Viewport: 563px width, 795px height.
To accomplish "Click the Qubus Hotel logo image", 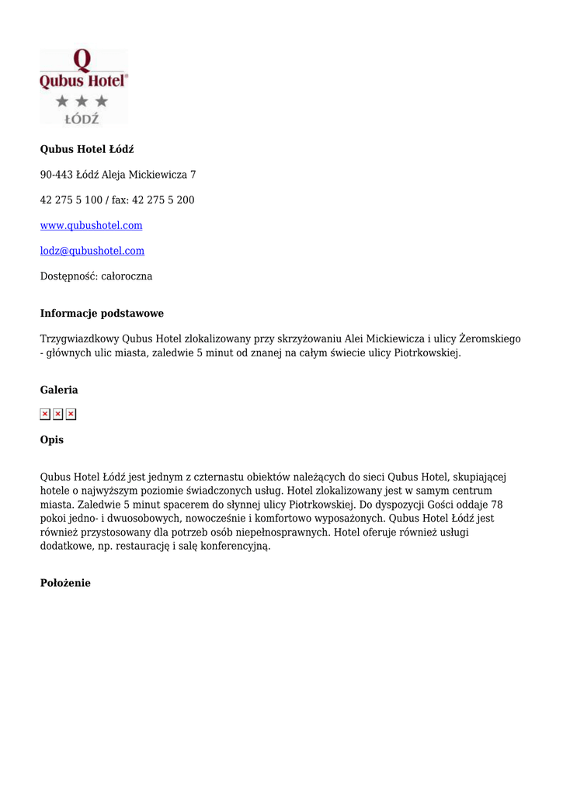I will click(x=84, y=86).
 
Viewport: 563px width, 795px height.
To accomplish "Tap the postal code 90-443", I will click(x=56, y=175).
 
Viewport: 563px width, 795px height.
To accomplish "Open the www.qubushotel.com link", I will click(x=91, y=225).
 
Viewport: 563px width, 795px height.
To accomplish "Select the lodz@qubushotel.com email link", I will click(x=92, y=251).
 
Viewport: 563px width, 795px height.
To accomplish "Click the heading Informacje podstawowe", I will click(x=102, y=314).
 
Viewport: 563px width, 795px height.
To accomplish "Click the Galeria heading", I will click(x=59, y=390).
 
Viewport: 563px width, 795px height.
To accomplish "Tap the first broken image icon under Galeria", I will click(x=45, y=415).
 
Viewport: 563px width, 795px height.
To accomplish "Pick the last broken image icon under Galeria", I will click(x=71, y=415).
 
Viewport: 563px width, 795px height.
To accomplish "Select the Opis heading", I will click(x=52, y=440).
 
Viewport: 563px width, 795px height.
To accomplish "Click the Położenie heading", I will click(x=65, y=583).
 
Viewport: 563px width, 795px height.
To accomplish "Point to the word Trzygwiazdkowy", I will click(x=79, y=339).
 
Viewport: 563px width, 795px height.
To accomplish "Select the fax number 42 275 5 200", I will click(x=163, y=200).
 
